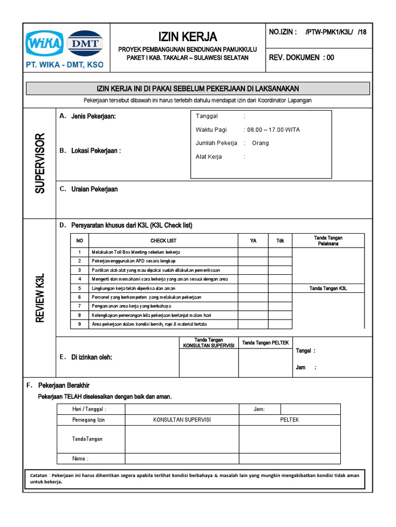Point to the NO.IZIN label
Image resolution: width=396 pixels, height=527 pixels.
283,32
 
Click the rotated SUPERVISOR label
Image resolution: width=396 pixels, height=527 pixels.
40,163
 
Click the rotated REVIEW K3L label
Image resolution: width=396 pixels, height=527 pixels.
40,298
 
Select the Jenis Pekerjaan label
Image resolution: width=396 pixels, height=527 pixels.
93,116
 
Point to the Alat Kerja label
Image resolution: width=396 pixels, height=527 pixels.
209,156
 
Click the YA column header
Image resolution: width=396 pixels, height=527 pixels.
253,240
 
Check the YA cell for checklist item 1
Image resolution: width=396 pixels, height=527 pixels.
253,252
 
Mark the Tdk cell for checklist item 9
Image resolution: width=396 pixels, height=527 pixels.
280,324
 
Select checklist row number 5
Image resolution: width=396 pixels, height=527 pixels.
79,288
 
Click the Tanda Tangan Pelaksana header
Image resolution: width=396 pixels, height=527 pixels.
328,240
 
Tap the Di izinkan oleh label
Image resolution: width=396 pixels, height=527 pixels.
91,357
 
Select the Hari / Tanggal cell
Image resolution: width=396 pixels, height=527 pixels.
90,409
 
